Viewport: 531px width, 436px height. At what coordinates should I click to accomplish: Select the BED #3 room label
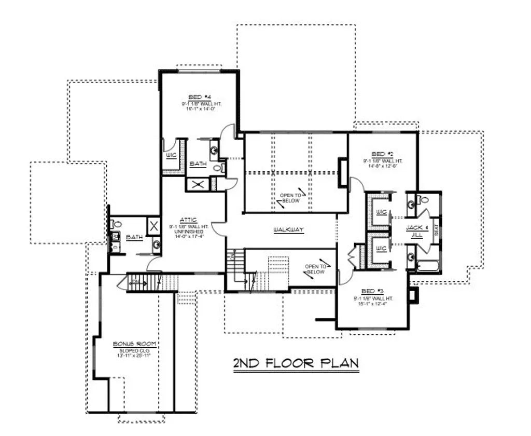coord(369,292)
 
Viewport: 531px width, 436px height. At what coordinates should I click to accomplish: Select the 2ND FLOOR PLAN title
coord(295,363)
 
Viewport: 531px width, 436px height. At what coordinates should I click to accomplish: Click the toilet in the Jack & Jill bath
coord(424,198)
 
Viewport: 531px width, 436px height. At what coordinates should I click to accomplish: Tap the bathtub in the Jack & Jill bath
coord(428,267)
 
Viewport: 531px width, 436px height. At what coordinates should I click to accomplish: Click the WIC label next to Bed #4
coord(170,155)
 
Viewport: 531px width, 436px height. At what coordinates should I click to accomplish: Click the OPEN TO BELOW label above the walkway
coord(290,198)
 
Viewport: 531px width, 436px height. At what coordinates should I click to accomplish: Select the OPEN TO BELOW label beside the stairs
coord(315,269)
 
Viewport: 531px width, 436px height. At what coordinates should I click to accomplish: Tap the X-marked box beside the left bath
coord(153,226)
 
